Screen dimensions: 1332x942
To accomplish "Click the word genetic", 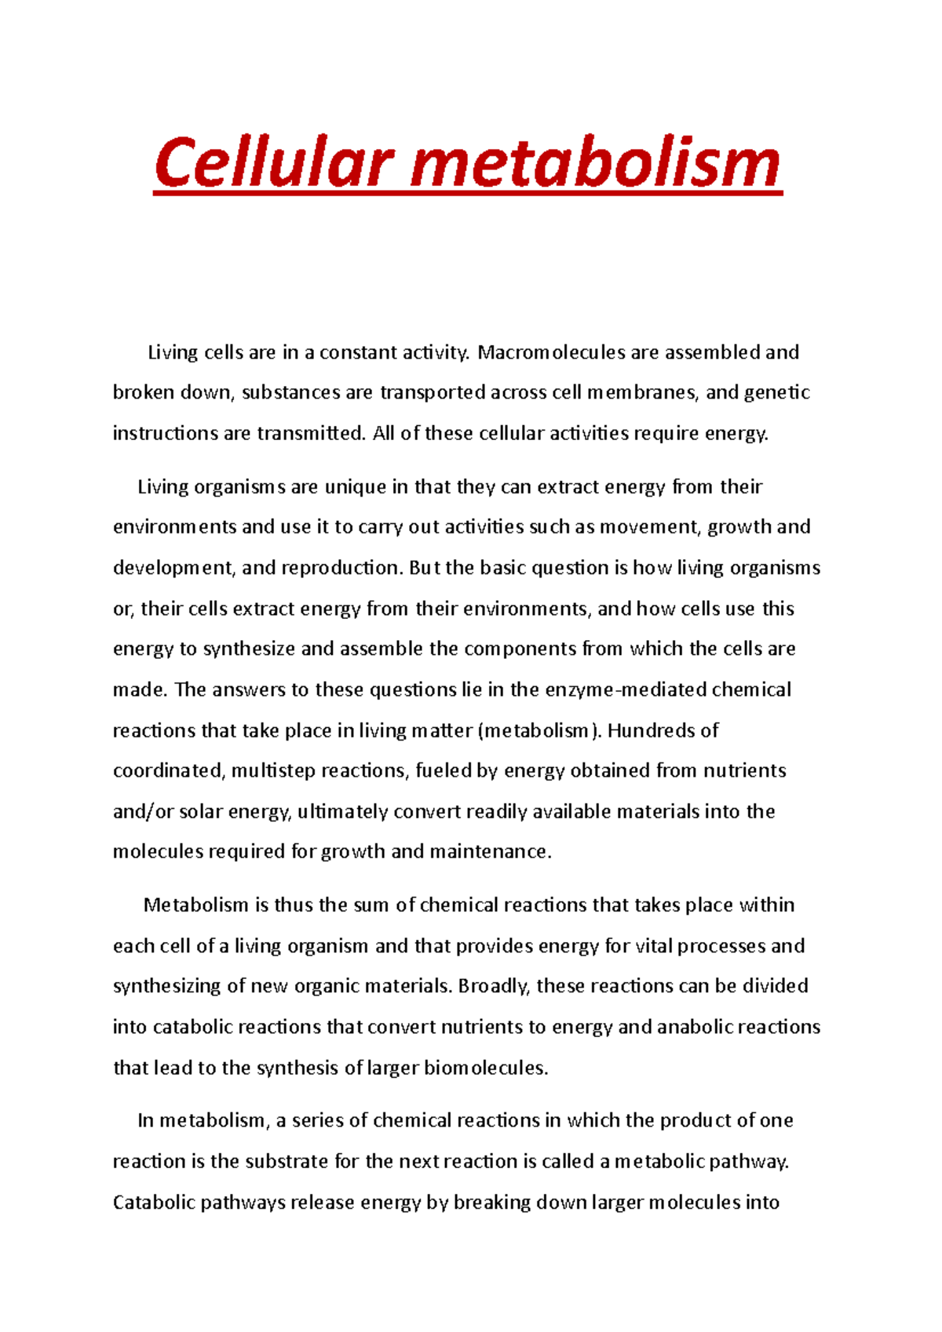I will tap(776, 392).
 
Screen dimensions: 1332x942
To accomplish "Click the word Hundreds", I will tap(652, 730).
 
